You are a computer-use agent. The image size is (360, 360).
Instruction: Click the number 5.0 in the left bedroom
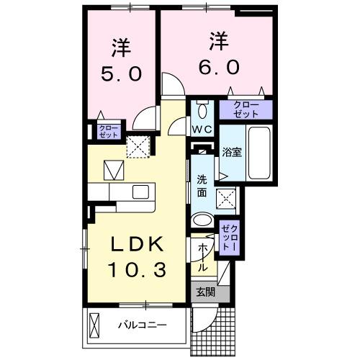point(120,73)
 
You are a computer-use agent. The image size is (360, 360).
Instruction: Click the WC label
point(202,130)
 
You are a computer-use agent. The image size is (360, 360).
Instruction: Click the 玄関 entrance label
point(204,292)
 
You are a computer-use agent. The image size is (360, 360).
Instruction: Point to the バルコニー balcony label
point(143,325)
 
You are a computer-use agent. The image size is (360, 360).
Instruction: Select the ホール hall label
point(204,256)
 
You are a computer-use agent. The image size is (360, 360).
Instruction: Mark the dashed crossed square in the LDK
point(137,148)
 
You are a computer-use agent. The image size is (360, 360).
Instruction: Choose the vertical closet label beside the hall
point(227,235)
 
